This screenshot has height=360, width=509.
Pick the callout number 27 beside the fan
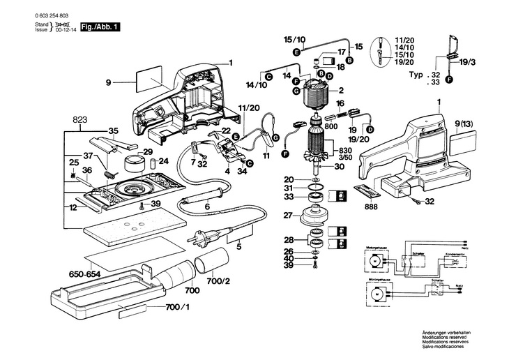tap(287, 216)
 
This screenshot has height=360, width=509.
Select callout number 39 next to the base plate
tap(155, 204)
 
